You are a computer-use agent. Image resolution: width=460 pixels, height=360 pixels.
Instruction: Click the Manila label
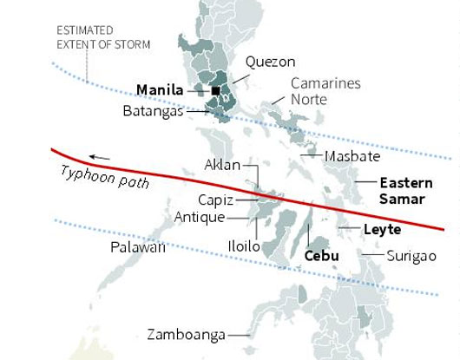(160, 89)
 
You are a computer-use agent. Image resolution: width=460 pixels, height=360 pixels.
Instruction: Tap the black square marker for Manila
(215, 90)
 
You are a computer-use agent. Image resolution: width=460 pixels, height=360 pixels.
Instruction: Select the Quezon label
(270, 62)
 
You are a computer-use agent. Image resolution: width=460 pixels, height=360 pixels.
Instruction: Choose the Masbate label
(352, 157)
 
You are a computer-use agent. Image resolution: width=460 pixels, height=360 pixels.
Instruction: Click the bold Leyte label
(382, 230)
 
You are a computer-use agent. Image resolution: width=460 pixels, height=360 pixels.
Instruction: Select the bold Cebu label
(321, 256)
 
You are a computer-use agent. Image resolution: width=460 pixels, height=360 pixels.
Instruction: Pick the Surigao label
(411, 257)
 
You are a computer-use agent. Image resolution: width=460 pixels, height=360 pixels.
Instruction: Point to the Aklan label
(221, 165)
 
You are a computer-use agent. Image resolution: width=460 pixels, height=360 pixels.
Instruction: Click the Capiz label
(214, 200)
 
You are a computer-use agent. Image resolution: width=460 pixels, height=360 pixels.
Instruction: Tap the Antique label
(200, 217)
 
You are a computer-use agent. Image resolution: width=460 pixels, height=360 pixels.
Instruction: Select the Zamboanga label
(187, 334)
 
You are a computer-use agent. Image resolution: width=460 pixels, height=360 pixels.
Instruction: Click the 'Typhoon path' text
(105, 176)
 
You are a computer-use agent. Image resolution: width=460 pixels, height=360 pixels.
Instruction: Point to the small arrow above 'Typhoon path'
(99, 157)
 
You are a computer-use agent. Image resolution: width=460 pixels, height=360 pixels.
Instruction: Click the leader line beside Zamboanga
(239, 335)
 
